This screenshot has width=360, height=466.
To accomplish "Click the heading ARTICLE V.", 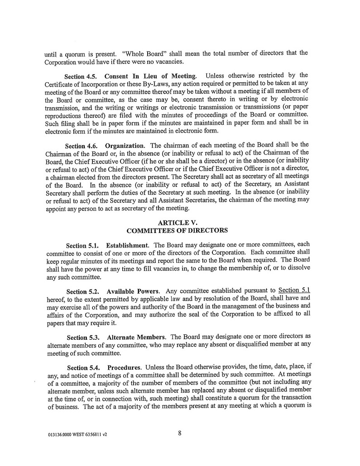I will [x=178, y=223].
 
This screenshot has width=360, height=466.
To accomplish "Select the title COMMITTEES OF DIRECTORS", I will [x=177, y=230].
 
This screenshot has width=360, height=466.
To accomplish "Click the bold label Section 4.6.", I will [x=82, y=146].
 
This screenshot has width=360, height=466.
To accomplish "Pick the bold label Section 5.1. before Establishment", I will [x=82, y=246].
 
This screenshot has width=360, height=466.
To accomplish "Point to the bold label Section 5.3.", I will [x=83, y=338].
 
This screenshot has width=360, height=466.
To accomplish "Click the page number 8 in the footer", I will [x=179, y=433].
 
